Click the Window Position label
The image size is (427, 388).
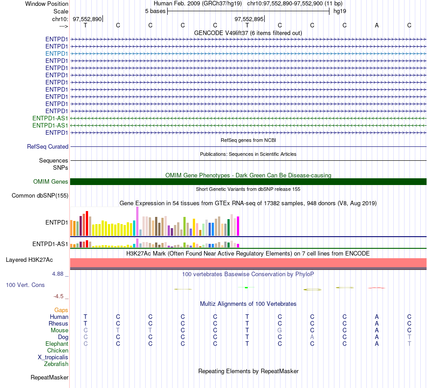pos(47,4)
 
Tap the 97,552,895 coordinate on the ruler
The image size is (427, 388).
pos(249,19)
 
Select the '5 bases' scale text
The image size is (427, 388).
pos(155,11)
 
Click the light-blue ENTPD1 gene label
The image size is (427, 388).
pos(57,53)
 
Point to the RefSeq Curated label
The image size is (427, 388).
pos(48,147)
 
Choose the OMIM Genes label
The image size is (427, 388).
pos(51,182)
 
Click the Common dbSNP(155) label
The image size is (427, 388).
pos(40,196)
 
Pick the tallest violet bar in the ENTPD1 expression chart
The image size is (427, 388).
pos(137,221)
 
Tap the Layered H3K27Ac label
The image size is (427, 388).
pos(29,260)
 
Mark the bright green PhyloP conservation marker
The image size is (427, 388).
pos(246,287)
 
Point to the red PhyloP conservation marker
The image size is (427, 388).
pos(376,287)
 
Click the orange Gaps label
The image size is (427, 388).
pos(61,310)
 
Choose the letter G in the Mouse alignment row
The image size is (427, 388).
pos(280,331)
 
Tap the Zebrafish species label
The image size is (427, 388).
pos(56,364)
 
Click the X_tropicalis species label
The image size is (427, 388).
pos(53,357)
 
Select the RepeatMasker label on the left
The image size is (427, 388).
pos(49,377)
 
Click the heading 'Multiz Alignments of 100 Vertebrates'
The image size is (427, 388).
pos(248,304)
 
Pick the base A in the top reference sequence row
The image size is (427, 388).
pos(377,25)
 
